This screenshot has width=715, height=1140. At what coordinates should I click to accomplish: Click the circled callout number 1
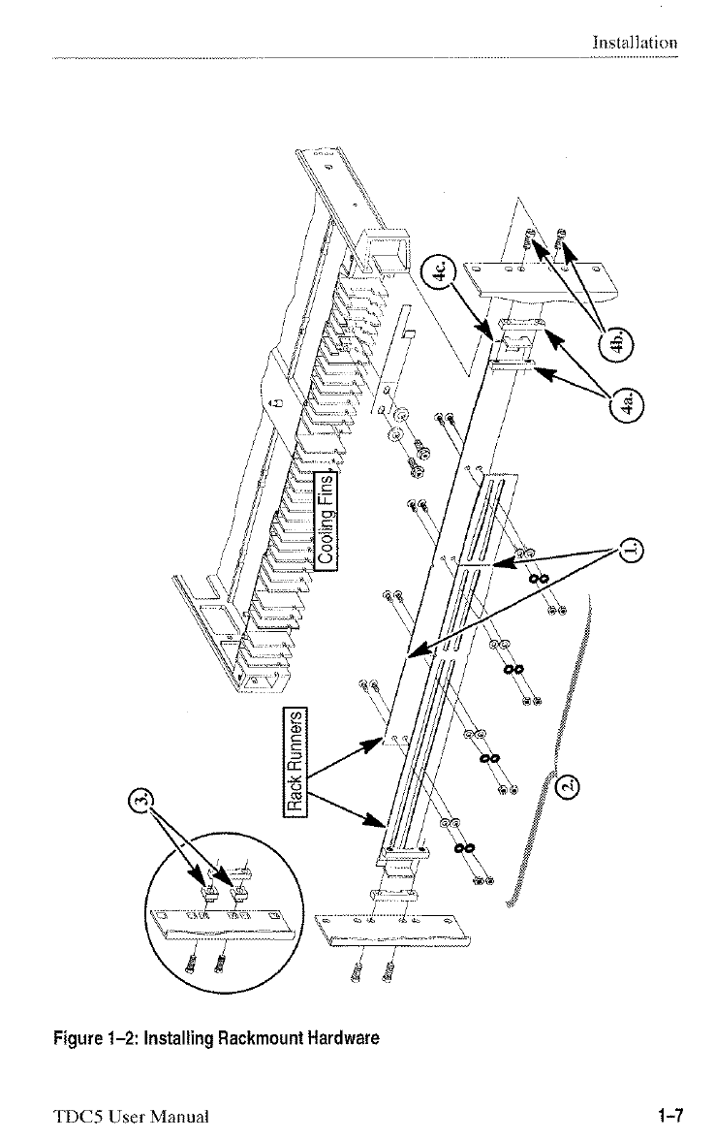(630, 549)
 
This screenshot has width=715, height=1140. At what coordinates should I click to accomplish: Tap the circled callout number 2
(569, 785)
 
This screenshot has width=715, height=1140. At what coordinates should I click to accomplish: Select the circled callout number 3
(145, 800)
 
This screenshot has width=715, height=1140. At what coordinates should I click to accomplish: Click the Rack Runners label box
(295, 760)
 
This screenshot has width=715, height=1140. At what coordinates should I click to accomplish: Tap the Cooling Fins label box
(326, 520)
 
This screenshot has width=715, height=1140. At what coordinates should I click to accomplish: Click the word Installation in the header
(635, 43)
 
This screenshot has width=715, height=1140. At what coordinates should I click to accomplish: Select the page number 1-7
(670, 1115)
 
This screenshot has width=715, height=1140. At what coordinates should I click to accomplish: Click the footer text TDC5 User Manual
(131, 1116)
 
